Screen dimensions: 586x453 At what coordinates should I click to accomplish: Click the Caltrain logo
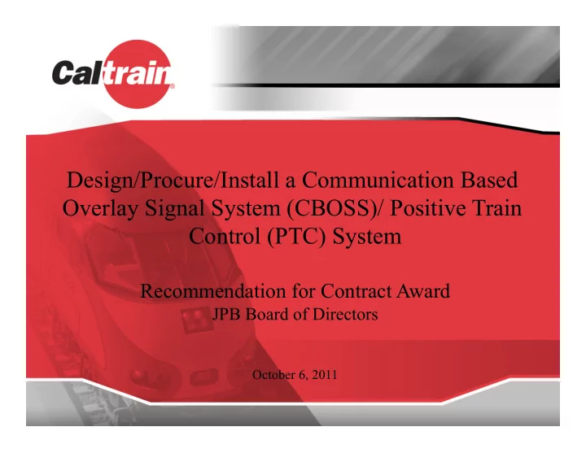coord(113,74)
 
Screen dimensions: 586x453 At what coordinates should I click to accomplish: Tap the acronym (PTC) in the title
coord(296,237)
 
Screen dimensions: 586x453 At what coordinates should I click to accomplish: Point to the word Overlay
coord(100,209)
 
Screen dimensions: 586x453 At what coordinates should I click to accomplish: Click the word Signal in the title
coord(174,209)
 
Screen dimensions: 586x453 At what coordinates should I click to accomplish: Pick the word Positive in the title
coord(430,208)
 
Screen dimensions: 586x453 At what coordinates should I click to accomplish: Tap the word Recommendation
coord(213,291)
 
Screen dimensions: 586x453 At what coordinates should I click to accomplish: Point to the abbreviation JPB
coord(226,315)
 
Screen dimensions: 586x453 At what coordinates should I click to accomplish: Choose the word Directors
coord(345,315)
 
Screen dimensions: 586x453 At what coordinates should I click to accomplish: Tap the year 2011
coord(325,375)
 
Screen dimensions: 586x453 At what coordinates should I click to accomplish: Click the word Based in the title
coord(489,180)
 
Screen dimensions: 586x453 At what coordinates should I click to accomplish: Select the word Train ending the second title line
coord(499,208)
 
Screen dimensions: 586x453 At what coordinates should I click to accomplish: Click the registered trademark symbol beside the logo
coord(172,86)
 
